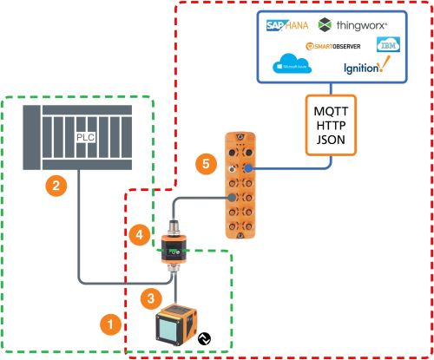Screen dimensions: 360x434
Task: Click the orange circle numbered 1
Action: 108,325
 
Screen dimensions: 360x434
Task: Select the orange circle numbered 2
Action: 55,184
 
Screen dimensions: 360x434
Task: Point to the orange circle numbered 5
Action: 205,161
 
